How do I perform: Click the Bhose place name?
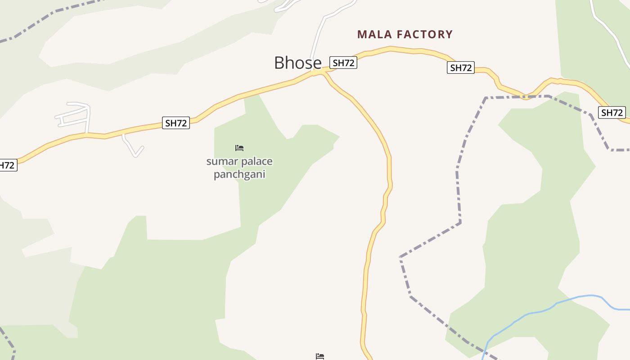(297, 63)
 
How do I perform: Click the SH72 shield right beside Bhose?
(343, 63)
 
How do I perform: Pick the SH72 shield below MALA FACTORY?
(461, 68)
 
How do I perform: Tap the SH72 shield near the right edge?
(612, 112)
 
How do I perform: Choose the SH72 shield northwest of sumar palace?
(175, 123)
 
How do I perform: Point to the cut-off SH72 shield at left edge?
(7, 165)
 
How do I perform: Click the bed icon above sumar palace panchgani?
(239, 148)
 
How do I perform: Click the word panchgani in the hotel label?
(239, 174)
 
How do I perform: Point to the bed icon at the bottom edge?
(320, 356)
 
